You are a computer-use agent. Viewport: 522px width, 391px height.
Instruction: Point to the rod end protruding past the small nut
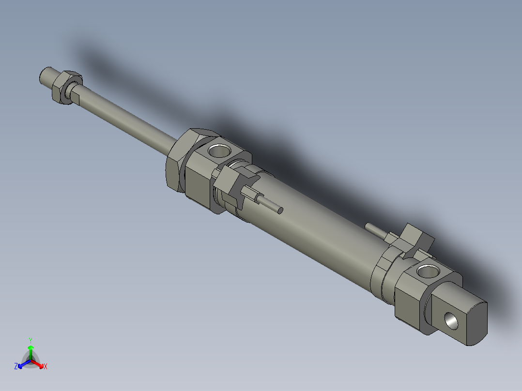pyautogui.click(x=47, y=75)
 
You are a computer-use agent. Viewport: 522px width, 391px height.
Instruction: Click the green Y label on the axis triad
pyautogui.click(x=31, y=340)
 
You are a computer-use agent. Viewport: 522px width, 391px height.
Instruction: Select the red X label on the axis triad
pyautogui.click(x=46, y=367)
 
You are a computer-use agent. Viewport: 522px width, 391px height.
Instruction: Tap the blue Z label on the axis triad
pyautogui.click(x=16, y=367)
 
